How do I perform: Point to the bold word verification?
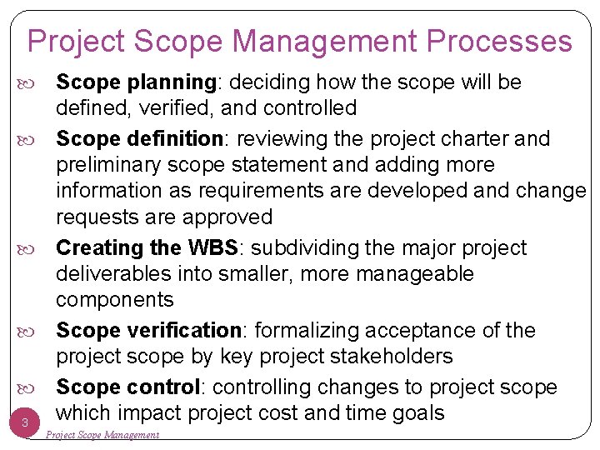pos(182,331)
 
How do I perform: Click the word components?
pos(115,300)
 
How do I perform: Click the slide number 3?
pos(25,423)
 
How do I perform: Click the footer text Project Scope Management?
pos(102,434)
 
